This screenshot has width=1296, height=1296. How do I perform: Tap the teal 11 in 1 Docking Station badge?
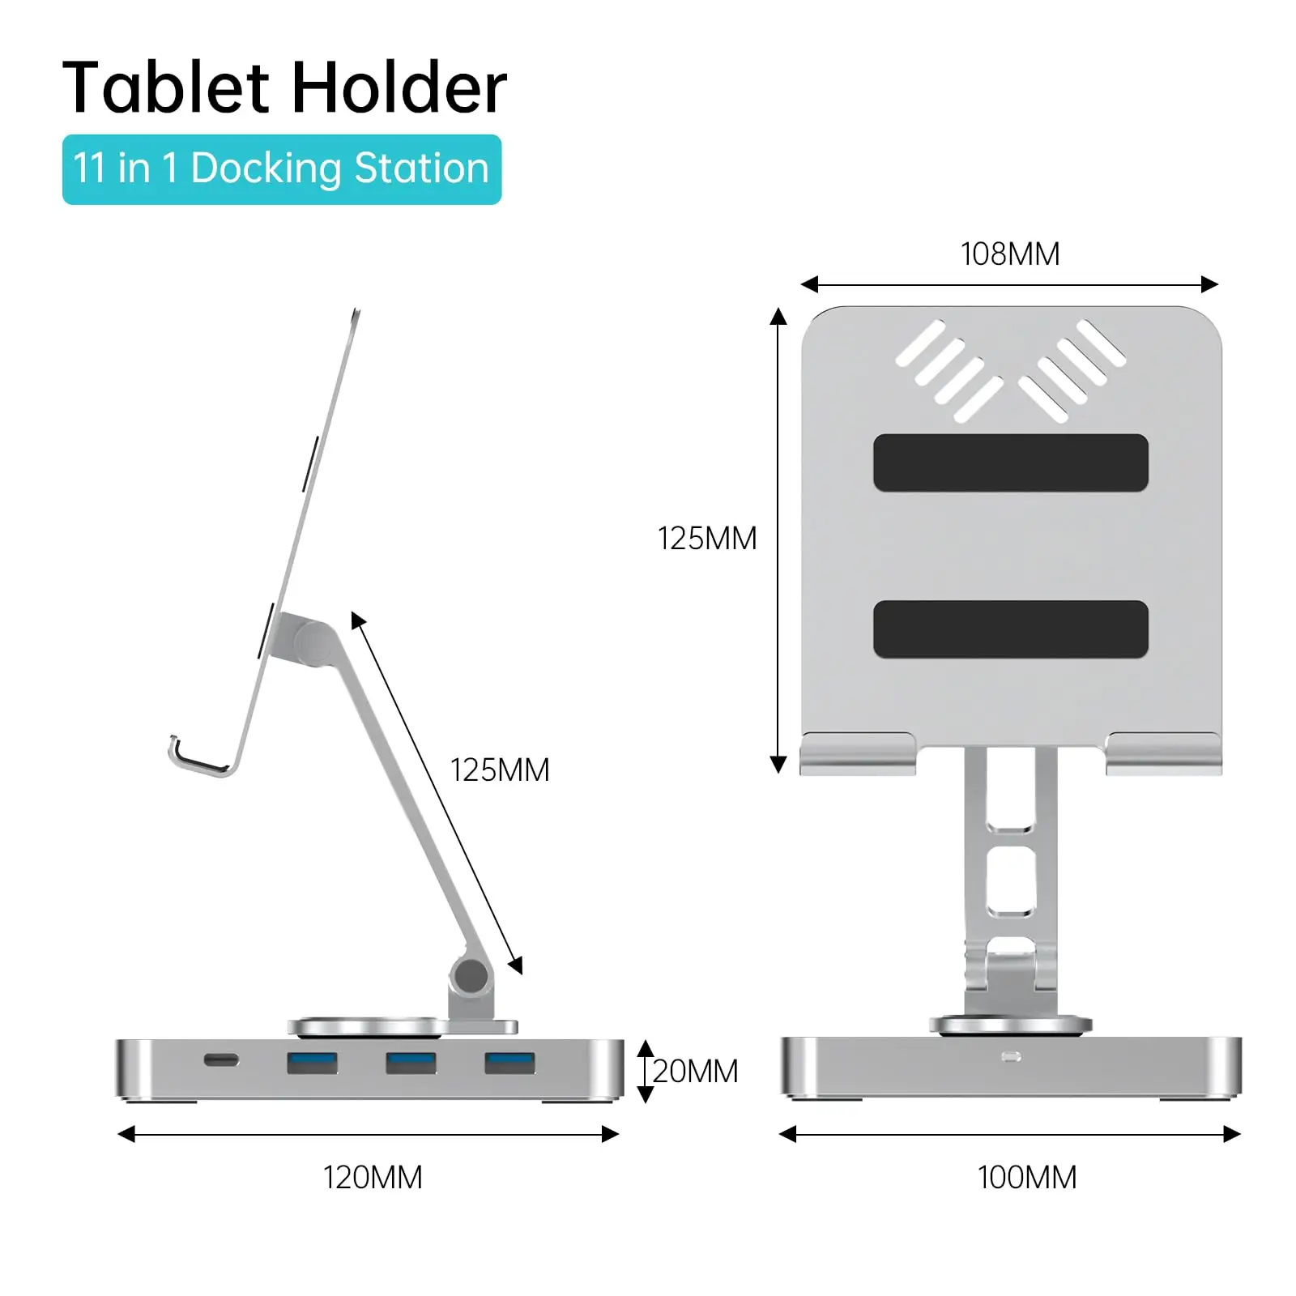point(281,169)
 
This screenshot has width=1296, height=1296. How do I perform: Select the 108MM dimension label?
point(1009,254)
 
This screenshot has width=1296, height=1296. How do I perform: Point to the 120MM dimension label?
point(373,1178)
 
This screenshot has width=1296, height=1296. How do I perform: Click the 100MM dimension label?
point(1026,1178)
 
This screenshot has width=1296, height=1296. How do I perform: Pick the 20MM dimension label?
point(695,1072)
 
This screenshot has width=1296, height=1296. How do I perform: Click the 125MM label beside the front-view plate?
point(706,539)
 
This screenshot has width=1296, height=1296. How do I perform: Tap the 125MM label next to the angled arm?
point(499,770)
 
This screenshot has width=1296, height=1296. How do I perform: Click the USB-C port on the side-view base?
point(221,1060)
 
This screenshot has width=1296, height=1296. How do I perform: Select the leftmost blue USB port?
point(312,1062)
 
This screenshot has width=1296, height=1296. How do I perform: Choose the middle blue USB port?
point(411,1062)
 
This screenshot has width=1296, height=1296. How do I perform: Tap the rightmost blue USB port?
point(509,1062)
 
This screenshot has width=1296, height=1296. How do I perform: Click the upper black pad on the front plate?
point(1010,463)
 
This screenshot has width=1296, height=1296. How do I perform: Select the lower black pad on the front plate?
point(1010,629)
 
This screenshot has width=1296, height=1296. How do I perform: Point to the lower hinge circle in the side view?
point(471,977)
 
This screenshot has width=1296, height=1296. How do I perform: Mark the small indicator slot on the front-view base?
point(1011,1057)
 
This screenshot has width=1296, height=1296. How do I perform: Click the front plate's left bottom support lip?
point(857,753)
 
